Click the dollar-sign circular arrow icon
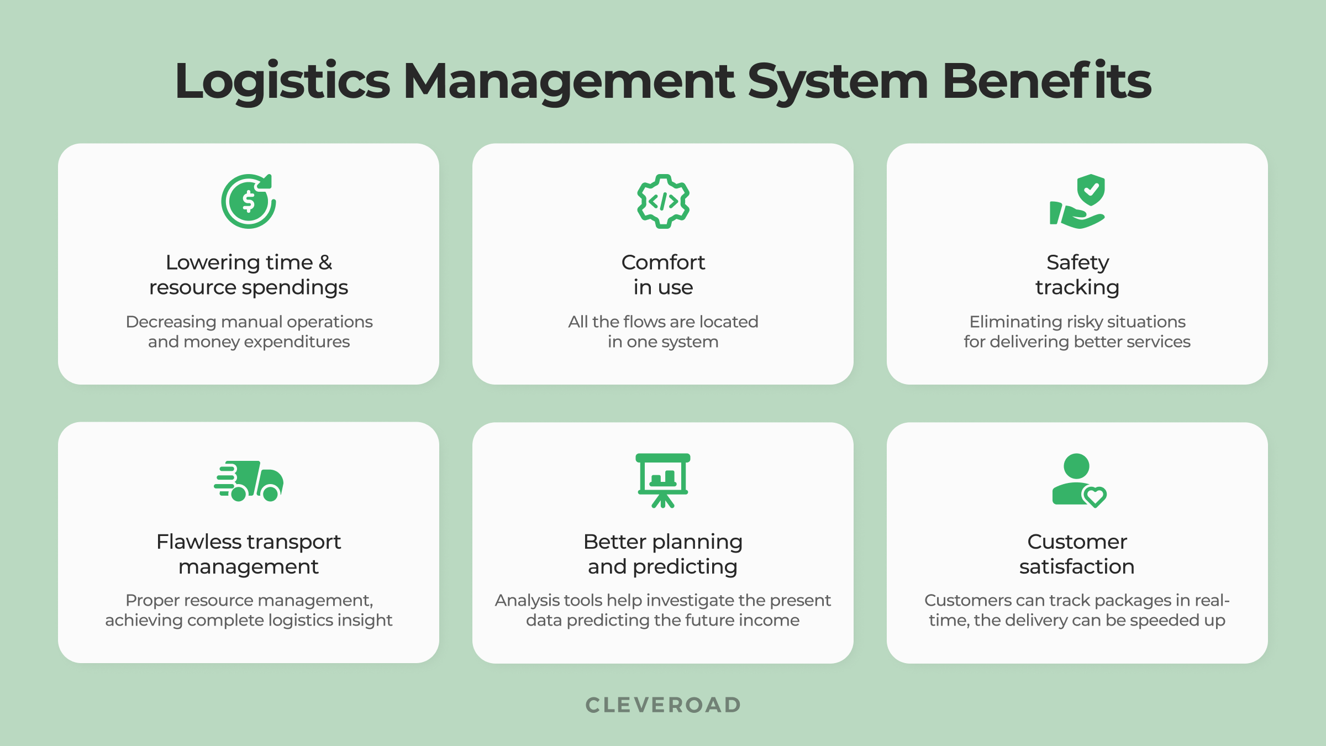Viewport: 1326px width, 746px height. [249, 201]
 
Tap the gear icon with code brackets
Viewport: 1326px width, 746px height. [663, 201]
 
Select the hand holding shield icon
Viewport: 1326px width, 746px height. [1077, 201]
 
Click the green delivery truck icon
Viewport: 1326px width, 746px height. [249, 481]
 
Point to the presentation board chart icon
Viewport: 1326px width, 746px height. [663, 480]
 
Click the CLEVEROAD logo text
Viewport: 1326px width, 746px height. [663, 705]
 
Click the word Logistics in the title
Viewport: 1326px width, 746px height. [282, 82]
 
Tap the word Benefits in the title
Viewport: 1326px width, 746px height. [1046, 82]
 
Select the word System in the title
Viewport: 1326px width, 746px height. [838, 82]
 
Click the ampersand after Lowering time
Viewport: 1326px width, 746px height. [325, 262]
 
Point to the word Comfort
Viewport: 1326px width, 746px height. [663, 262]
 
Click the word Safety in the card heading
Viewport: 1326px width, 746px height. [1077, 262]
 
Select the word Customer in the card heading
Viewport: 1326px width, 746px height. [1077, 542]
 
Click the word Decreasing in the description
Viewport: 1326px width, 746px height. [171, 322]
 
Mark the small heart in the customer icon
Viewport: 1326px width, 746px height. [1095, 496]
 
